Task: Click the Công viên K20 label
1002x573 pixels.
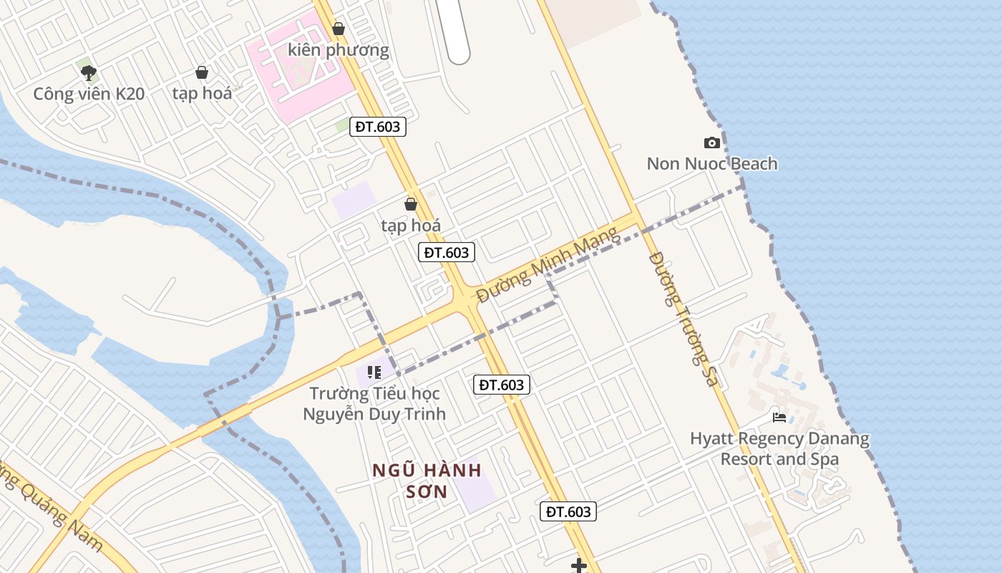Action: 89,93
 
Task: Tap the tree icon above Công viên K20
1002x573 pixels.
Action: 89,72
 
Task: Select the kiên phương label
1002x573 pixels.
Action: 339,49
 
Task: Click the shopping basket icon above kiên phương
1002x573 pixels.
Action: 339,29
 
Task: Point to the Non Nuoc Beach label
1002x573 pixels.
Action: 711,163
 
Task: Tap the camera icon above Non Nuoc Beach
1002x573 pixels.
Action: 711,143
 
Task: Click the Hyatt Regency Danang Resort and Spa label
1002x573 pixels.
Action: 779,448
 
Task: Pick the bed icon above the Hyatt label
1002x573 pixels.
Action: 779,417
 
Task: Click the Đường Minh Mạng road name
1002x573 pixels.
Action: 548,264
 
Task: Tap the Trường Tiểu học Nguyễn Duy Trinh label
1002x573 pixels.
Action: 374,403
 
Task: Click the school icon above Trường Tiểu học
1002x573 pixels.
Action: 374,372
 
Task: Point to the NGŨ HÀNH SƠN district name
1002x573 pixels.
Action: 427,481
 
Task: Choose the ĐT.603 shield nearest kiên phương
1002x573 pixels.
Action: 379,127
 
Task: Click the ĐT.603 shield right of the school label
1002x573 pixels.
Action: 502,385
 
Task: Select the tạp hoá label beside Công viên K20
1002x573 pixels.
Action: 202,93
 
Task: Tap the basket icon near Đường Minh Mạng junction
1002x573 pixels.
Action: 411,204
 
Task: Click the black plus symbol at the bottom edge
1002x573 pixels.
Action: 578,566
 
